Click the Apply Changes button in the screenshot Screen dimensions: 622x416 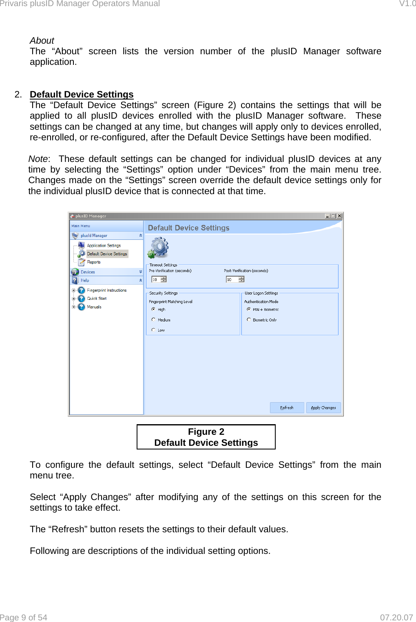coord(323,407)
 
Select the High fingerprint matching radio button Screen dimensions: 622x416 coord(154,309)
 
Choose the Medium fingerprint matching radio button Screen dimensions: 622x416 coord(154,320)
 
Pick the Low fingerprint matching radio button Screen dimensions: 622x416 coord(154,330)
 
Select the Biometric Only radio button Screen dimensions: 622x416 coord(249,320)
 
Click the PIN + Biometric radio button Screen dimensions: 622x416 coord(249,309)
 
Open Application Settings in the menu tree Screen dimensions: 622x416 coord(104,246)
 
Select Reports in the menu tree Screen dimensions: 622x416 coord(93,262)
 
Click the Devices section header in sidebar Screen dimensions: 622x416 coord(88,272)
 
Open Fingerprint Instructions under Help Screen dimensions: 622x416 coord(106,290)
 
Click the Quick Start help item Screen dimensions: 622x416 coord(97,299)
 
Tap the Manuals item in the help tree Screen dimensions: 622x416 coord(94,307)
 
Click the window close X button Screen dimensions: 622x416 coord(339,216)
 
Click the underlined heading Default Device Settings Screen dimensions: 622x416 coord(82,95)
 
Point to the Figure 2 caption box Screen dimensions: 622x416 coord(206,437)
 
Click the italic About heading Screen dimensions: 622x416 coord(42,41)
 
